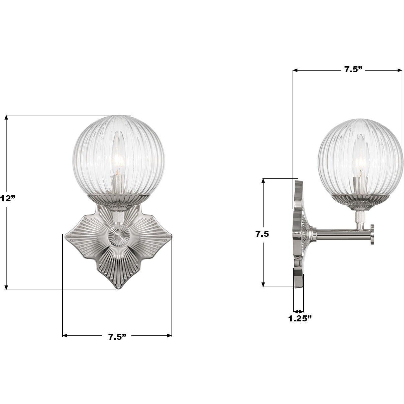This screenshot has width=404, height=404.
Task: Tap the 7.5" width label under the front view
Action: click(x=117, y=336)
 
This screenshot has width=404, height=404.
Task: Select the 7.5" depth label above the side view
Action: click(x=353, y=70)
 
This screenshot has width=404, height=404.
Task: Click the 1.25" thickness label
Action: click(x=300, y=318)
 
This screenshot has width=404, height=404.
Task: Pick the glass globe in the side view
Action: click(x=360, y=157)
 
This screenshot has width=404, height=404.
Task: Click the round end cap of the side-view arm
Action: click(x=372, y=234)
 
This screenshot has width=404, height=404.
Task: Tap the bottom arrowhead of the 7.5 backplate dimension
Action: click(x=264, y=285)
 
